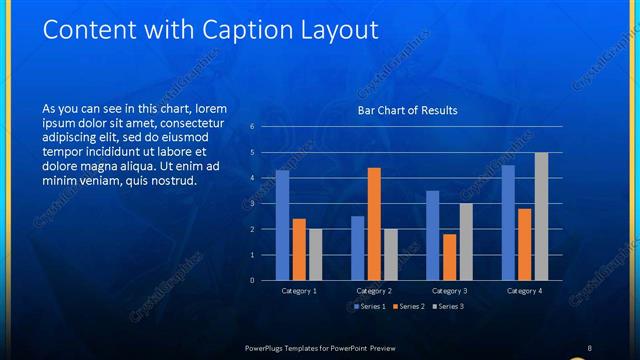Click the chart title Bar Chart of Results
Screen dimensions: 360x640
coord(407,110)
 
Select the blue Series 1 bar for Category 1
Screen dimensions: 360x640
coord(283,225)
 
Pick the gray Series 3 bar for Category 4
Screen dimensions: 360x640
coord(541,216)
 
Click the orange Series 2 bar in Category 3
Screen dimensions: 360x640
coord(449,257)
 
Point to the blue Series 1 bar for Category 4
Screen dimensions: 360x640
coord(508,222)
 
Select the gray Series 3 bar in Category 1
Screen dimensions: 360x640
coord(315,254)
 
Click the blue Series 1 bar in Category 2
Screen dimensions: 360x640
coord(358,248)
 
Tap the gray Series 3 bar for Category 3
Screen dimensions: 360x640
coord(466,241)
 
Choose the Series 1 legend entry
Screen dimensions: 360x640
coord(370,306)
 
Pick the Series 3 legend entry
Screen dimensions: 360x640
coord(448,306)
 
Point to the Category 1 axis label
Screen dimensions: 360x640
coord(299,291)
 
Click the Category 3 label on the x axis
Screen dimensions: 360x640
coord(449,291)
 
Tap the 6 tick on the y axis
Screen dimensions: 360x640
coord(252,127)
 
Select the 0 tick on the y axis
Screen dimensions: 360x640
coord(252,280)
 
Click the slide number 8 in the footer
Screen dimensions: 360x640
coord(590,347)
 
